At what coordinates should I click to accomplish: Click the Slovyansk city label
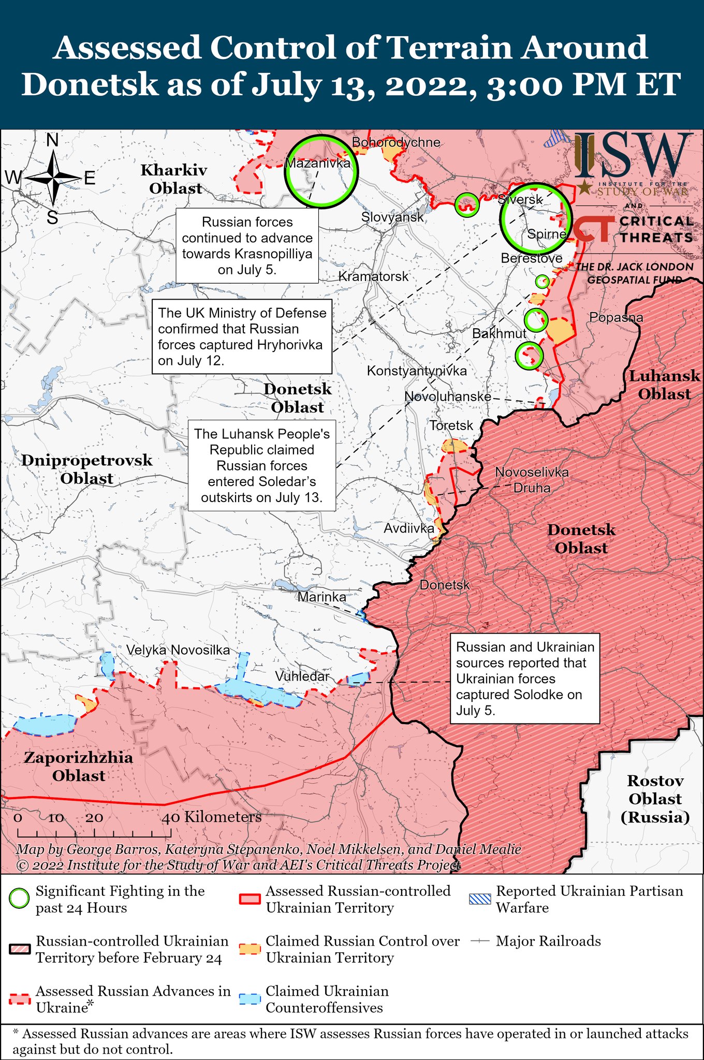(x=392, y=217)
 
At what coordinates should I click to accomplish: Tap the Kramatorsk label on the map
(x=373, y=276)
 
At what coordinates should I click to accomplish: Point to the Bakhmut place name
(x=498, y=333)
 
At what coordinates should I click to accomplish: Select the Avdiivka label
(x=408, y=528)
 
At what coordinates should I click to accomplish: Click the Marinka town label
(x=321, y=597)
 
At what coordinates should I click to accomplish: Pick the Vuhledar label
(x=302, y=676)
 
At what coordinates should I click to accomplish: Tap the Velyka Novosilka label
(x=178, y=650)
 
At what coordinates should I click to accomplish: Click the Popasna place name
(x=616, y=317)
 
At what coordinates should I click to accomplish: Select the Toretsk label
(x=451, y=425)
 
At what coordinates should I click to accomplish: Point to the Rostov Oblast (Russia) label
(x=655, y=799)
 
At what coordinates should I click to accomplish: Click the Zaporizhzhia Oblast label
(x=79, y=767)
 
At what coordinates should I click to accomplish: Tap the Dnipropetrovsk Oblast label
(x=87, y=469)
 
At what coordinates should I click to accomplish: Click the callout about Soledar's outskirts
(x=261, y=465)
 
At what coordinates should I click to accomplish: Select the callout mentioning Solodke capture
(x=524, y=678)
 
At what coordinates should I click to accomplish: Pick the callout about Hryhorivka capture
(x=242, y=336)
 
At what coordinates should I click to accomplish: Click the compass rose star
(x=53, y=178)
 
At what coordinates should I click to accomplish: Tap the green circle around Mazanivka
(x=321, y=171)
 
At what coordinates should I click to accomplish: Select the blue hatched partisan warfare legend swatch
(x=479, y=899)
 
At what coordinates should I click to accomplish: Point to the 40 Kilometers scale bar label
(x=212, y=817)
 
